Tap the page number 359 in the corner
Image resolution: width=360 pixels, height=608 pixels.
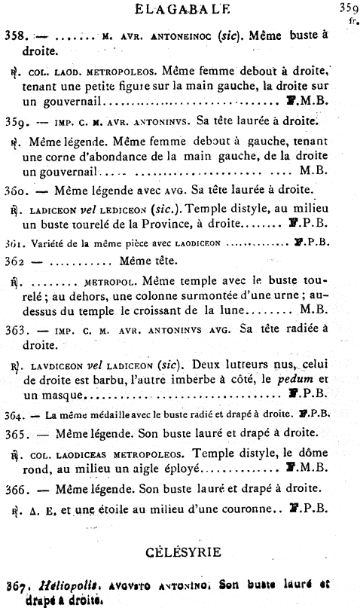coord(347,8)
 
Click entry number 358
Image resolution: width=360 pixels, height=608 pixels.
coord(15,35)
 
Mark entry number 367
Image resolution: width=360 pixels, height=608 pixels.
coord(16,583)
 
